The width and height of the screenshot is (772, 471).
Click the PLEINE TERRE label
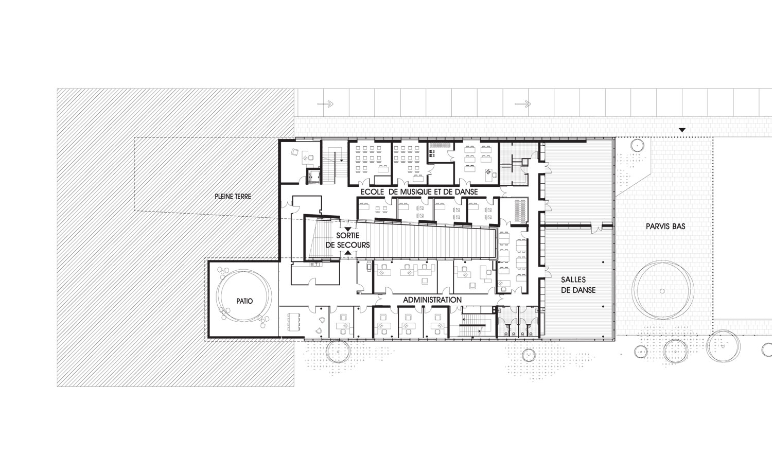click(233, 197)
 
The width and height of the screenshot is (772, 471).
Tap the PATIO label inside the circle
click(244, 301)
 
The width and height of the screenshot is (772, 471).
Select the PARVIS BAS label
click(665, 226)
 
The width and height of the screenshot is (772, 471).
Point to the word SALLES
click(573, 280)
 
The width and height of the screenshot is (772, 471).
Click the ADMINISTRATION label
click(432, 300)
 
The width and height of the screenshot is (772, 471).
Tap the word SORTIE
click(348, 236)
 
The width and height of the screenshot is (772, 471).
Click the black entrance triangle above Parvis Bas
click(682, 130)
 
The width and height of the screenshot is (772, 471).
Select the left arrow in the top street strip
click(325, 103)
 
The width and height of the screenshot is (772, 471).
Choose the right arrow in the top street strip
click(522, 103)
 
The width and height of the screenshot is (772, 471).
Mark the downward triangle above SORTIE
click(348, 229)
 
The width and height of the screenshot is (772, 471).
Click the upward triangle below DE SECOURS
click(348, 253)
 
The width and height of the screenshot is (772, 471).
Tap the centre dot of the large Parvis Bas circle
click(662, 291)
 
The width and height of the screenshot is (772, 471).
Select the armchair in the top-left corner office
click(295, 152)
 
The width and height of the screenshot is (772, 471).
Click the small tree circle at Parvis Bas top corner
click(637, 145)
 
